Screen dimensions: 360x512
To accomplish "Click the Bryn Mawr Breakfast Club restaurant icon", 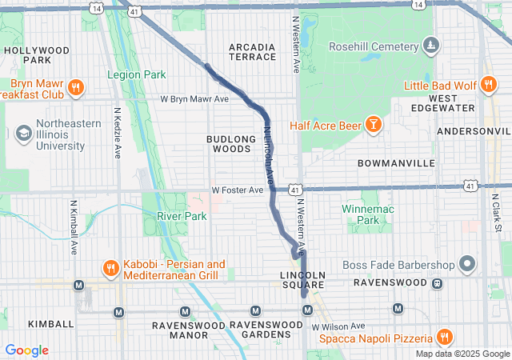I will [x=75, y=88].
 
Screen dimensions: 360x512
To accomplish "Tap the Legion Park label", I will [x=137, y=74].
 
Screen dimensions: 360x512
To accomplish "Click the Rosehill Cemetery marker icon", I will [x=431, y=45].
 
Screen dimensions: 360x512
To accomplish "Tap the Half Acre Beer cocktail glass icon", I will [x=372, y=124].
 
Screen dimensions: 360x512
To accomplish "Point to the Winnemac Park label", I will [x=366, y=214].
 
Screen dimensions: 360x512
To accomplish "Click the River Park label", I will [x=182, y=216].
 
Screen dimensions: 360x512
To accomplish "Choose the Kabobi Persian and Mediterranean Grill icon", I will [x=110, y=269].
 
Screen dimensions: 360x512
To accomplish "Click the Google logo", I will [x=26, y=350].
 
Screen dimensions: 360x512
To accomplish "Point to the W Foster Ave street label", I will [x=237, y=190].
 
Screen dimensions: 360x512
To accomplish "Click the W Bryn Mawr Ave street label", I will [x=194, y=99].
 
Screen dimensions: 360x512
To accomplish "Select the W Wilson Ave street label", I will [x=338, y=326].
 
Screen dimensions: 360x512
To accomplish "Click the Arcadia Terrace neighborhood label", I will [x=252, y=52].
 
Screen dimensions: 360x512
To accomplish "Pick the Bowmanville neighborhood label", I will [x=396, y=162].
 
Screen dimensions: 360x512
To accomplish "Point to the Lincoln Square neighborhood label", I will [x=303, y=279].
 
